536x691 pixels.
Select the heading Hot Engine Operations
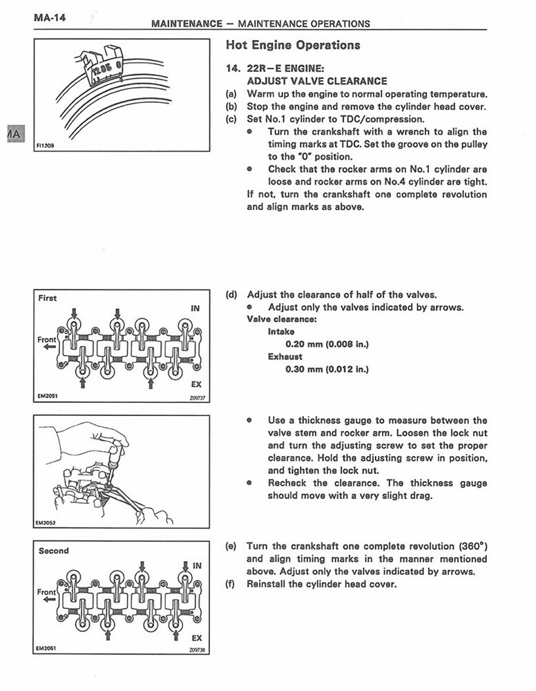pyautogui.click(x=293, y=46)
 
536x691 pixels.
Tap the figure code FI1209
pyautogui.click(x=46, y=146)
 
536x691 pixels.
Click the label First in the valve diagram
pyautogui.click(x=48, y=298)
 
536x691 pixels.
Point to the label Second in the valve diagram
pyautogui.click(x=53, y=551)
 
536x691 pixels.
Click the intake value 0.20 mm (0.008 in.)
pyautogui.click(x=327, y=343)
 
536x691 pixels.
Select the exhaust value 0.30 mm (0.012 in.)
pyautogui.click(x=327, y=369)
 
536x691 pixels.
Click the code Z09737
pyautogui.click(x=197, y=398)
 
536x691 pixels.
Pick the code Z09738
pyautogui.click(x=197, y=650)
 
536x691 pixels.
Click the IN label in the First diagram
pyautogui.click(x=195, y=309)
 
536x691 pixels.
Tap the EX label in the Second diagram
pyautogui.click(x=197, y=638)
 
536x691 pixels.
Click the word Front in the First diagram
pyautogui.click(x=47, y=340)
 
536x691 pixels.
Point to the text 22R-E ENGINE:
pyautogui.click(x=285, y=68)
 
